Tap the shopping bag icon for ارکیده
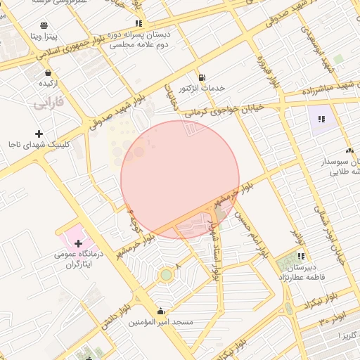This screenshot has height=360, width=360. pos(48,72)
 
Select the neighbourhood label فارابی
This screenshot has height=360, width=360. pos(48,103)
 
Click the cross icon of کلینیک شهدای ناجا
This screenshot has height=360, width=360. pos(39,134)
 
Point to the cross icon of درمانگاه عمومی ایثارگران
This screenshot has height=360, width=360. pos(77,243)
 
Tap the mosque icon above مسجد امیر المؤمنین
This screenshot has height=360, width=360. pos(161,311)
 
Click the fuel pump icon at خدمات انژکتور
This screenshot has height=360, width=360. pos(202,77)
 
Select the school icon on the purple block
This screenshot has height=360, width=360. pos(321,120)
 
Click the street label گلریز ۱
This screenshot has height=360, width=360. pos(347,335)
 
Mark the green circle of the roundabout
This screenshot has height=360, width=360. pos(166,274)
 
